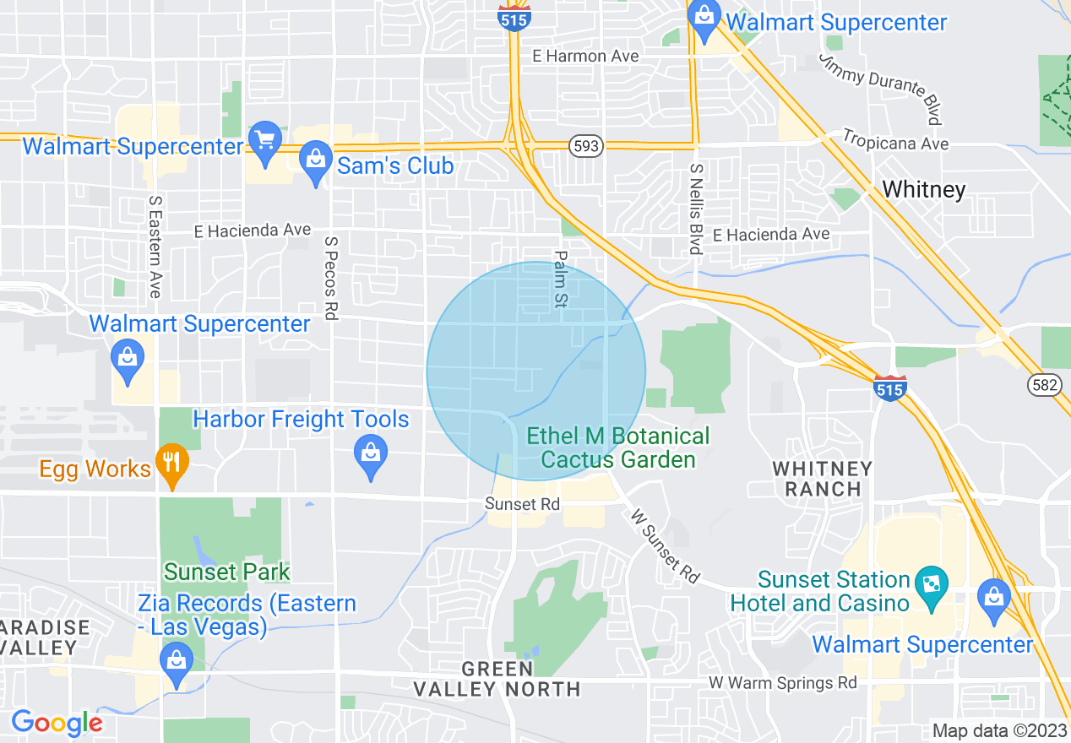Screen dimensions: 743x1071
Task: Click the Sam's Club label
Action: click(x=395, y=165)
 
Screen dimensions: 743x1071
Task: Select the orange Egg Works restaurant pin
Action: click(x=172, y=463)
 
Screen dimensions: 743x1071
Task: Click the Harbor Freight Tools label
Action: click(x=301, y=419)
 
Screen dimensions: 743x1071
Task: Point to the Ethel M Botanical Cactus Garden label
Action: click(x=618, y=447)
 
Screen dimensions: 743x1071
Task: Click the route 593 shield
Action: click(x=586, y=146)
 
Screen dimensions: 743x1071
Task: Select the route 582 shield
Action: click(x=1044, y=385)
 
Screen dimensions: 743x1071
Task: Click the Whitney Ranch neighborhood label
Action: click(x=822, y=478)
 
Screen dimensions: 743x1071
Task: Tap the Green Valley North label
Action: click(x=497, y=679)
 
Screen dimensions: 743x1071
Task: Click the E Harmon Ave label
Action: click(x=585, y=56)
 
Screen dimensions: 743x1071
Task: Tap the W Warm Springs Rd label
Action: click(x=782, y=682)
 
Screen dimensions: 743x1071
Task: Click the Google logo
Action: click(x=56, y=723)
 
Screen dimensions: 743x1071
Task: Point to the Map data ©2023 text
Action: click(x=998, y=730)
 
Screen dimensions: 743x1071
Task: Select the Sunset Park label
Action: click(x=226, y=572)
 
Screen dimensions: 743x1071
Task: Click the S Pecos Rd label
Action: click(x=331, y=277)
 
